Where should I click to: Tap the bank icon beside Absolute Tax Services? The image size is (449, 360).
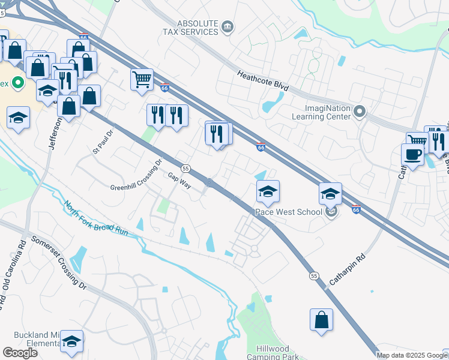click(x=228, y=26)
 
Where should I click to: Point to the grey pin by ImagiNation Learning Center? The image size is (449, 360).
click(x=360, y=111)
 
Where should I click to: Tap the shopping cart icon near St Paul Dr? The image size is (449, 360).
click(x=142, y=79)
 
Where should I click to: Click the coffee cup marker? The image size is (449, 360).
click(x=412, y=154)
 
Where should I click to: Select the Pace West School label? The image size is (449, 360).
click(x=291, y=212)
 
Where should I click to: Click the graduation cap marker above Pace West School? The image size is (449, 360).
click(x=268, y=191)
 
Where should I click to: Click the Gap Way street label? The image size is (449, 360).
click(x=179, y=181)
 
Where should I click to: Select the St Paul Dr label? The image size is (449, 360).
click(x=103, y=142)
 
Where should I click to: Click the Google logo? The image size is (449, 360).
click(x=20, y=353)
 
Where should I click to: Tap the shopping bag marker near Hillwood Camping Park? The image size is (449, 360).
click(x=322, y=319)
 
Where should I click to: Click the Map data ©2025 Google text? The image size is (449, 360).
click(x=409, y=355)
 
